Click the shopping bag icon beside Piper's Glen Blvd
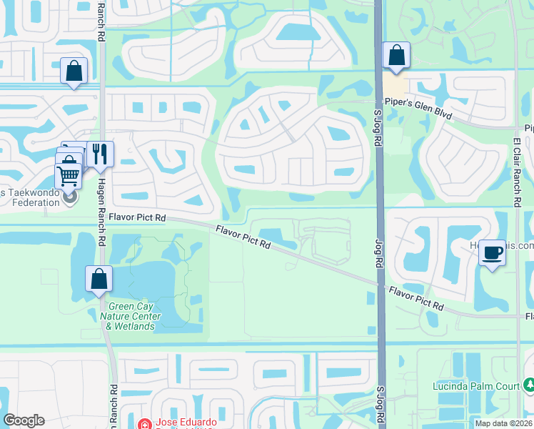tap(396, 55)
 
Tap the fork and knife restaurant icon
tap(100, 152)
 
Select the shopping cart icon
tap(68, 174)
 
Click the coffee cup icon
tap(492, 252)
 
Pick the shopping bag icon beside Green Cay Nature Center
tap(99, 279)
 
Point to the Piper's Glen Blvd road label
tap(418, 109)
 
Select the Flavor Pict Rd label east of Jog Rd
tap(416, 298)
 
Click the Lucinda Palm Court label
tap(475, 386)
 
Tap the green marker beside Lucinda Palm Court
tap(529, 386)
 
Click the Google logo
tap(24, 420)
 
